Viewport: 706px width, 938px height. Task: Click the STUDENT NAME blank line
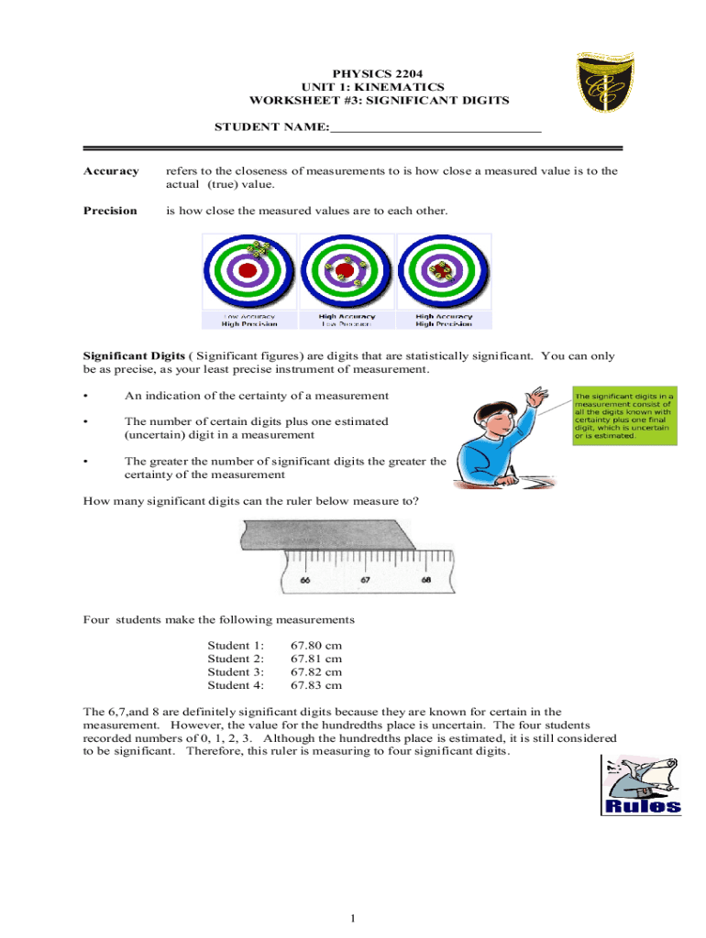436,130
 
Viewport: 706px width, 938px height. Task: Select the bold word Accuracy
111,171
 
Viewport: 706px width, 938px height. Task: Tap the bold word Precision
110,211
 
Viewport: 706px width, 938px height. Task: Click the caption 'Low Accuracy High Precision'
248,320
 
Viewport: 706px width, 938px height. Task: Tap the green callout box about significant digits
623,416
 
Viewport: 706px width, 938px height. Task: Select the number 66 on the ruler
304,580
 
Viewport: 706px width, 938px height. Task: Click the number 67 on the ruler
366,580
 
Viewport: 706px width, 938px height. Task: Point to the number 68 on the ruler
426,580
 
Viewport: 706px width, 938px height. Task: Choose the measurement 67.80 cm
316,646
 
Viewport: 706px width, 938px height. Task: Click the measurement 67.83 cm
316,685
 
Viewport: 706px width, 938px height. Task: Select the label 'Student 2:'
236,659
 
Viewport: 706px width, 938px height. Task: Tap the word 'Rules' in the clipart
644,806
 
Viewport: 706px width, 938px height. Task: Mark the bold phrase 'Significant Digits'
135,356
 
